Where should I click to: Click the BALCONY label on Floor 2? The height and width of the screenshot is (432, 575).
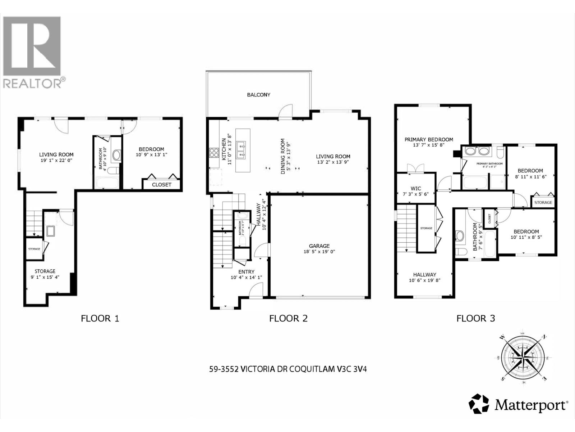(258, 95)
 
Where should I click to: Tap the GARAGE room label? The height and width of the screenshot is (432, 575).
(319, 246)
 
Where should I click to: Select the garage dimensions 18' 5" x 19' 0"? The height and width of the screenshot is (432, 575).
(319, 252)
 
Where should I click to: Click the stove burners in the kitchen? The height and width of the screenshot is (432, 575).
(214, 153)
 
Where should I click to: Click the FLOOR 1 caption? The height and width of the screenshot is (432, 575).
(100, 318)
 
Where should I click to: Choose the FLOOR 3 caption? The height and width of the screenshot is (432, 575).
(475, 318)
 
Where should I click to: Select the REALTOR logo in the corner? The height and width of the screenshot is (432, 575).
(32, 52)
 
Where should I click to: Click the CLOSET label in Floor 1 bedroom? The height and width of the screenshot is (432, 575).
(161, 185)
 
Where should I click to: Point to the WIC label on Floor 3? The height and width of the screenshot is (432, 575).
(415, 188)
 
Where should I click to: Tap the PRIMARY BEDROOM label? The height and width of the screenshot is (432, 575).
(428, 139)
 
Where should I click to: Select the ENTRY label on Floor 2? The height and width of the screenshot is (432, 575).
(246, 271)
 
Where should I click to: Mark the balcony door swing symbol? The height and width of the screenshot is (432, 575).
(286, 112)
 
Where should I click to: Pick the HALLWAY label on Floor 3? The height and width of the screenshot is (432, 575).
(424, 274)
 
